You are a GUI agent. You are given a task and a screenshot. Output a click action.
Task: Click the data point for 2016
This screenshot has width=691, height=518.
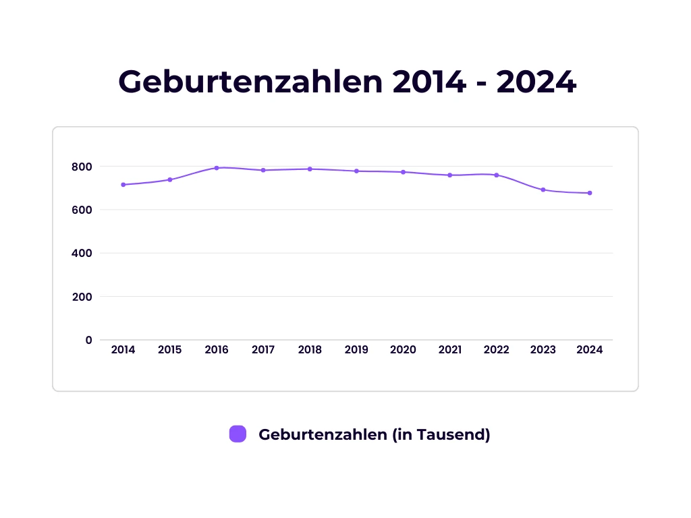tap(217, 168)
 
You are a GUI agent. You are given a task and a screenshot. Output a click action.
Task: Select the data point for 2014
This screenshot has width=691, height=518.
tap(123, 185)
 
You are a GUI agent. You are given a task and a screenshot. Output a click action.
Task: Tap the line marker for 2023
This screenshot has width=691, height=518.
tap(543, 190)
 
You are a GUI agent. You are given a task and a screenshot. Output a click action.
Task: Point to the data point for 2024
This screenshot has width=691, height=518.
tap(590, 193)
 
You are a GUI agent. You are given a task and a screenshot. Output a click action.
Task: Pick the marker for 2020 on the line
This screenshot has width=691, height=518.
tap(403, 172)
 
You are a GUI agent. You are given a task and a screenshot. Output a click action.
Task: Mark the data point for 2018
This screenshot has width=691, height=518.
tap(310, 169)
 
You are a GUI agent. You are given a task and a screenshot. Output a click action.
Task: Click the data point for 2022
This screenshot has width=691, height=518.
tap(497, 175)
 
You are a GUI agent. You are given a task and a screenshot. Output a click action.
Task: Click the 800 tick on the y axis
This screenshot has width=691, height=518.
tap(82, 167)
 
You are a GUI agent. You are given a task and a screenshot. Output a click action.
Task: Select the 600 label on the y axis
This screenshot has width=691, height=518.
tap(82, 210)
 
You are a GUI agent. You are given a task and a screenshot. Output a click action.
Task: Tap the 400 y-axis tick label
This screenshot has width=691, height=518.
tap(82, 253)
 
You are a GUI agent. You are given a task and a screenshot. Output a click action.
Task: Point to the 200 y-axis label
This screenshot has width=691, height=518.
tap(82, 297)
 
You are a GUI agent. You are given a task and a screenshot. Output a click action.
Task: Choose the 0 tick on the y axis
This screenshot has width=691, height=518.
tap(88, 340)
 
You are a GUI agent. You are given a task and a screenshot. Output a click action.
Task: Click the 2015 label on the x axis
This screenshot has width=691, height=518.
tap(169, 350)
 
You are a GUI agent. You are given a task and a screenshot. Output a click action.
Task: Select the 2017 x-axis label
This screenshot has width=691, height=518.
tap(263, 350)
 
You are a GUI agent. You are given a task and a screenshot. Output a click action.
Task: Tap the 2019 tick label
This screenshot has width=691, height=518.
tap(356, 350)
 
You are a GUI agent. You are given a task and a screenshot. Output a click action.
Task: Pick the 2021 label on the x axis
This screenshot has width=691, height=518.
tap(450, 350)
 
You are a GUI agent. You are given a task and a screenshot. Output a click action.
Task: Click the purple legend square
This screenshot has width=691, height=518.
tap(238, 434)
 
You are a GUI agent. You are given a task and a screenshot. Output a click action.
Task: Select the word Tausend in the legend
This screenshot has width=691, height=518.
tap(453, 434)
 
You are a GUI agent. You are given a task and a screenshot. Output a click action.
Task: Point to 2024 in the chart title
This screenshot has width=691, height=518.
tap(536, 82)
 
